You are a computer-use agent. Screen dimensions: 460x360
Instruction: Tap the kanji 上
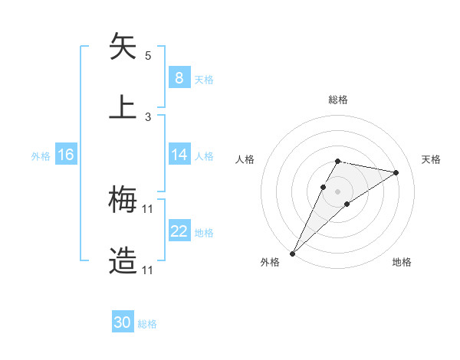(x=123, y=107)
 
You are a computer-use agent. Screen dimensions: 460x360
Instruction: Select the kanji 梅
(x=123, y=200)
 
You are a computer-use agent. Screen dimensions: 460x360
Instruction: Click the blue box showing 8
(x=179, y=78)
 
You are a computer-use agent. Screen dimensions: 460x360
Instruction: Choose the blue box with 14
(x=179, y=155)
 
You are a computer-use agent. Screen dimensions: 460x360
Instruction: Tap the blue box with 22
(x=179, y=231)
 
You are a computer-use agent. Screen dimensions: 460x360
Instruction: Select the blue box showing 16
(x=66, y=155)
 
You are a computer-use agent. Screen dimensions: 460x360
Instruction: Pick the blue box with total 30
(x=123, y=323)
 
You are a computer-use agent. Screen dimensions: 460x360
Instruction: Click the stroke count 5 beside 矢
(x=148, y=56)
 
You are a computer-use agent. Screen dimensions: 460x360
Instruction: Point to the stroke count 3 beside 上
(x=148, y=117)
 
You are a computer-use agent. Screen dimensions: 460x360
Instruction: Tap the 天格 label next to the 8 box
(x=204, y=79)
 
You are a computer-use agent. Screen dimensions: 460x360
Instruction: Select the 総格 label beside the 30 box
(x=147, y=324)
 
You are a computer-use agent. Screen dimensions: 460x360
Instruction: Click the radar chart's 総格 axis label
(x=337, y=100)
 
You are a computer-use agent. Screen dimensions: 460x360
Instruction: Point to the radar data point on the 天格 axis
(x=396, y=172)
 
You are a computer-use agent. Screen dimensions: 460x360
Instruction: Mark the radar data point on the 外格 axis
(x=292, y=253)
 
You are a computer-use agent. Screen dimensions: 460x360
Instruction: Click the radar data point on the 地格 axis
(x=347, y=204)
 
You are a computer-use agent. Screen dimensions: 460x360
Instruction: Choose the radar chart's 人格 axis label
(x=245, y=159)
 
